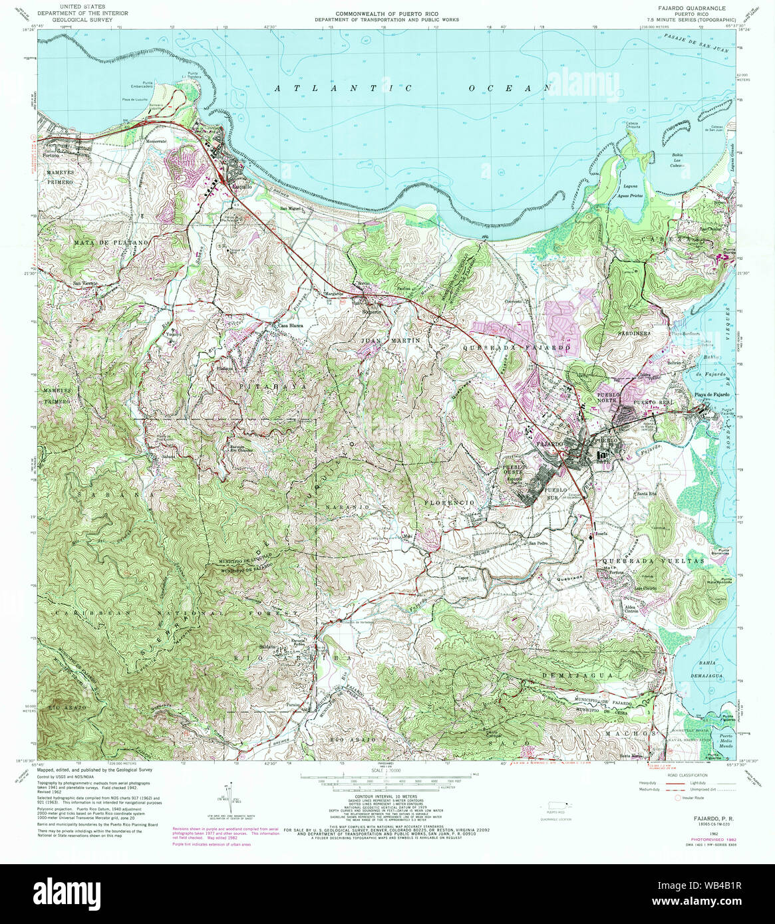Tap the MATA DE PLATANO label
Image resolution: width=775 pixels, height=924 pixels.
[110, 244]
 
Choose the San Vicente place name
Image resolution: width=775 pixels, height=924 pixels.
[86, 284]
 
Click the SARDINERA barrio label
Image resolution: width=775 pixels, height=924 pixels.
[633, 332]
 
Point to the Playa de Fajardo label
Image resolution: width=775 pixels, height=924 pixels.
[713, 395]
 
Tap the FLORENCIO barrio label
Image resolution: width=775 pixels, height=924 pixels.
[450, 503]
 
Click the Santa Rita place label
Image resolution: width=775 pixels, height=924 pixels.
[647, 493]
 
